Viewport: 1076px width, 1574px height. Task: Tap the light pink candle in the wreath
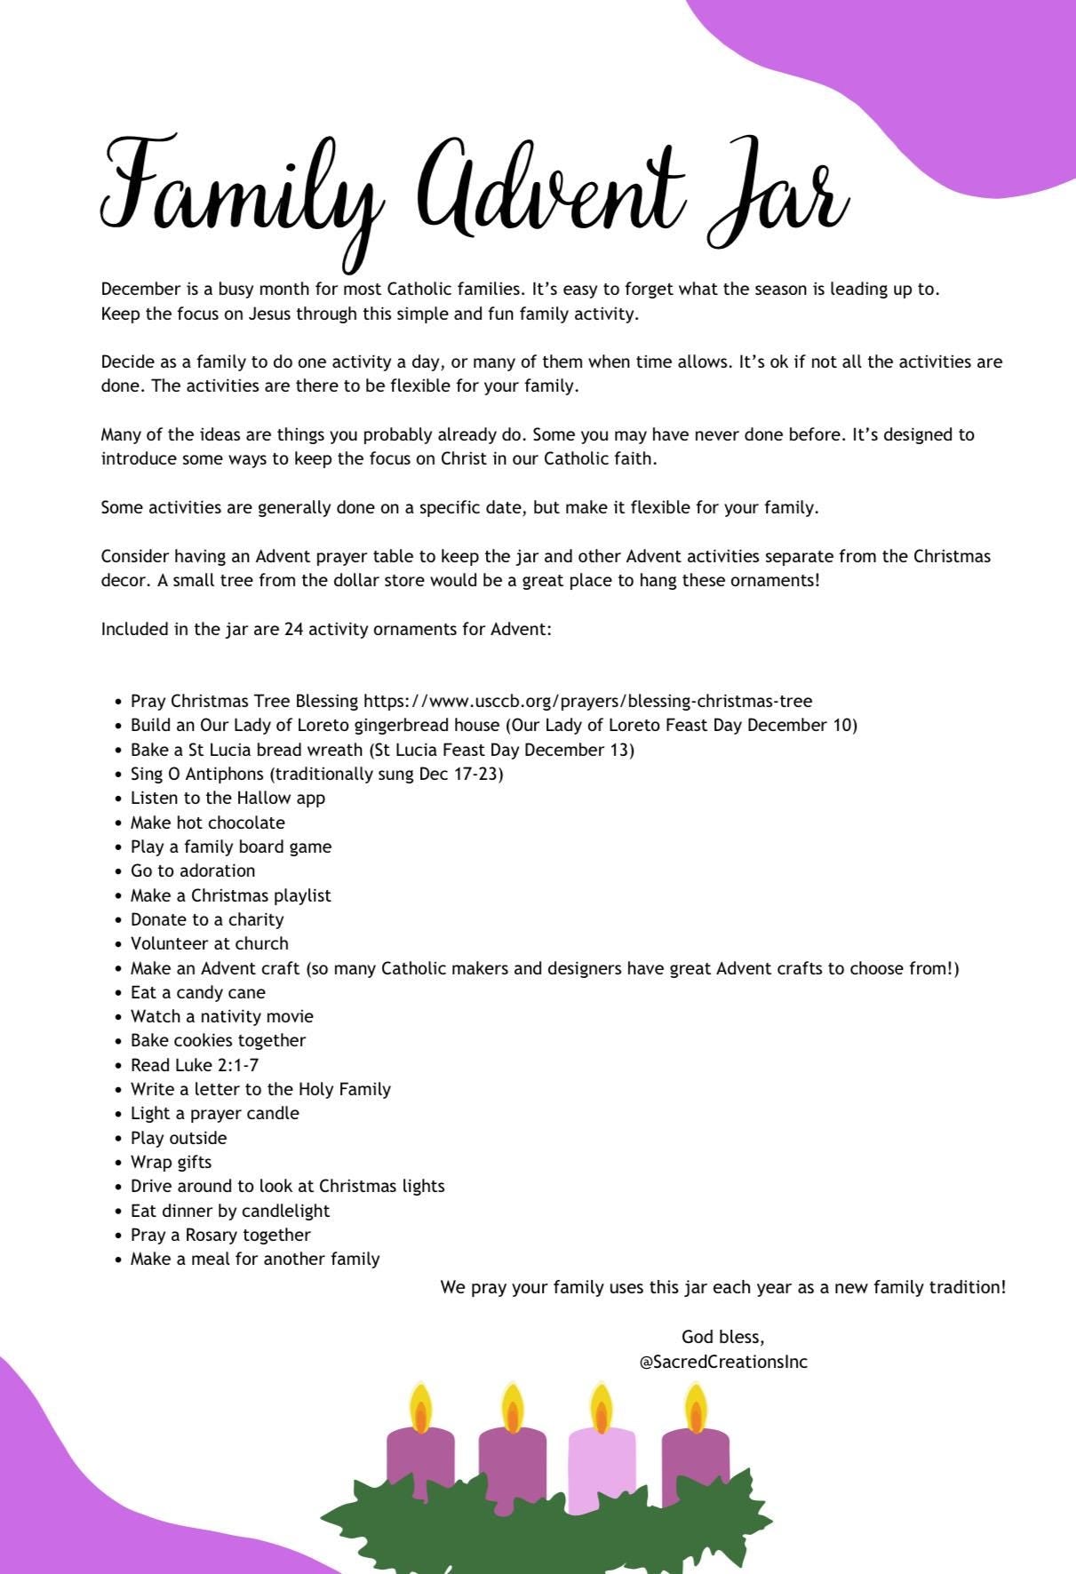602,1466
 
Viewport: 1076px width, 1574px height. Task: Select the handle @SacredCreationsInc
723,1362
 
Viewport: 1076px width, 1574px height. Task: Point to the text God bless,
722,1337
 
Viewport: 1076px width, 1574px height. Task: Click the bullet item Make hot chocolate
208,823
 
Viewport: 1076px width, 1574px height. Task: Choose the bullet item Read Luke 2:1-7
195,1065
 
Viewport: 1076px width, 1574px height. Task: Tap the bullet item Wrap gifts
171,1162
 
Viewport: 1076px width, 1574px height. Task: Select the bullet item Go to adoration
193,870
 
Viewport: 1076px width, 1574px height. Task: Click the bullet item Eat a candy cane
198,992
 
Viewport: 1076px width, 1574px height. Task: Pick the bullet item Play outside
179,1138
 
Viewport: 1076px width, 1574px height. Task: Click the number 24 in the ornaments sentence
294,629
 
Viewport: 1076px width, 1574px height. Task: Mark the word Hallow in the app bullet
264,798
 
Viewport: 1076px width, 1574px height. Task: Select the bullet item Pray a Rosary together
220,1235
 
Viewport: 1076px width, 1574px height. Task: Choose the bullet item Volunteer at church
210,943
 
